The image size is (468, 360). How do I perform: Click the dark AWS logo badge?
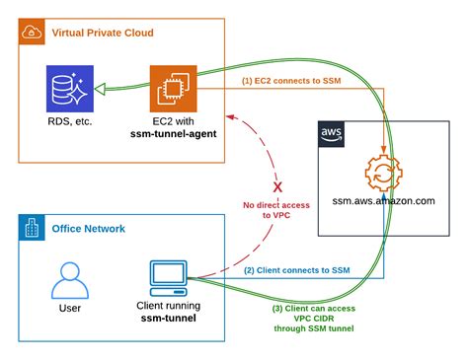pos(333,135)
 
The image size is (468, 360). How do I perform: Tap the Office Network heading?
pos(88,229)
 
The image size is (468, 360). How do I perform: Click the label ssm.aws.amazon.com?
pos(383,201)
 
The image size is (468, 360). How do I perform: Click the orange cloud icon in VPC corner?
pos(31,32)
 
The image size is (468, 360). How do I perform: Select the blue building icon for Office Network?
pos(31,229)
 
